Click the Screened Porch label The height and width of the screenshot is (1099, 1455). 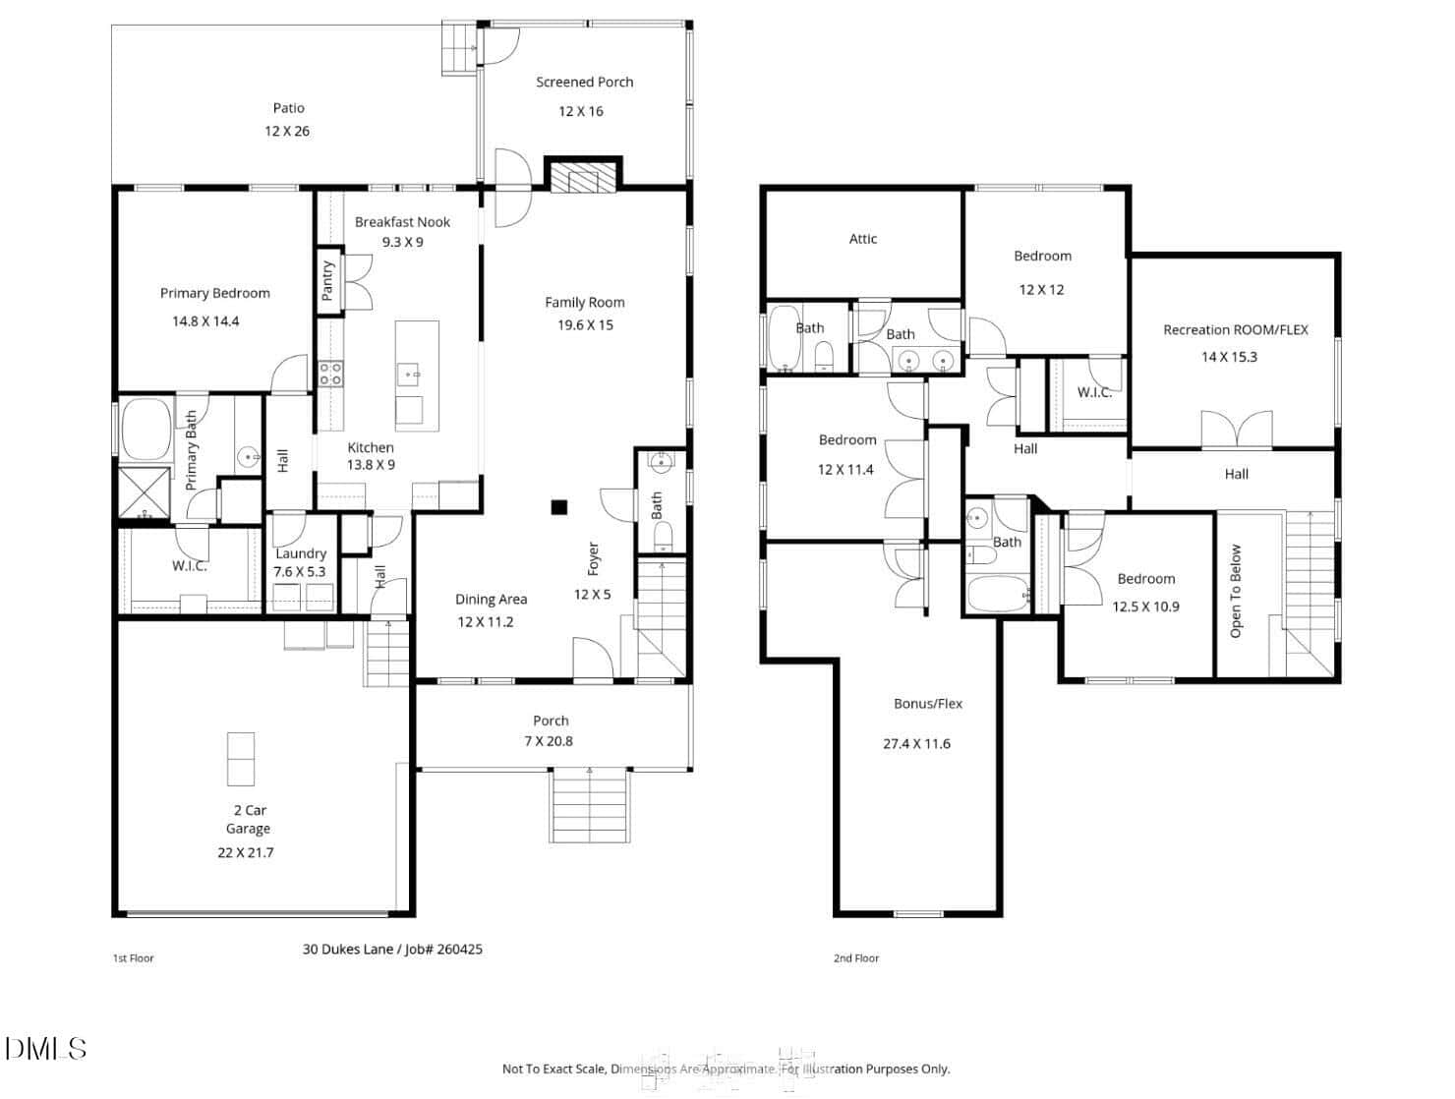584,83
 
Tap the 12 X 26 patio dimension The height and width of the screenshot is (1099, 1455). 287,132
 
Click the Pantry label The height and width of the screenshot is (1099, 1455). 326,280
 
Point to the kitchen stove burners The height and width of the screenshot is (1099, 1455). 330,374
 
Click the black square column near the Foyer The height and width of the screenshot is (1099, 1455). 558,507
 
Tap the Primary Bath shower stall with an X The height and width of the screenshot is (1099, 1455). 144,492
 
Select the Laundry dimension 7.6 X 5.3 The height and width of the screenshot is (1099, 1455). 300,572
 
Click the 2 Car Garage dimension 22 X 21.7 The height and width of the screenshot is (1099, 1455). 245,853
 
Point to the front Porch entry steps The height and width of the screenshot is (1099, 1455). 589,805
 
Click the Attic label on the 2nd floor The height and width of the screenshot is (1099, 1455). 862,239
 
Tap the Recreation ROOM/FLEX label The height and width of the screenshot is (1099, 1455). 1236,330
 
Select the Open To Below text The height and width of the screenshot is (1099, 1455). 1235,591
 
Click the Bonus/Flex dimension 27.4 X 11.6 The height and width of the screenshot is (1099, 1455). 916,744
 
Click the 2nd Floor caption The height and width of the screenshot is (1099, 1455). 855,958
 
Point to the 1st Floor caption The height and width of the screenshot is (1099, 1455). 134,958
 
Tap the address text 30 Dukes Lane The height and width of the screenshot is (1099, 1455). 348,950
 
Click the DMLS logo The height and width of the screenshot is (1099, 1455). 46,1049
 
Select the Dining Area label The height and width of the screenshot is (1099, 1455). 491,600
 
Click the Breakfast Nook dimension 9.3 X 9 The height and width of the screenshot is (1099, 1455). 402,243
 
